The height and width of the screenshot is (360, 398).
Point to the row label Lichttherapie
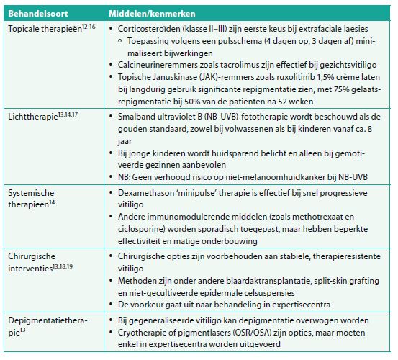pyautogui.click(x=33, y=116)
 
